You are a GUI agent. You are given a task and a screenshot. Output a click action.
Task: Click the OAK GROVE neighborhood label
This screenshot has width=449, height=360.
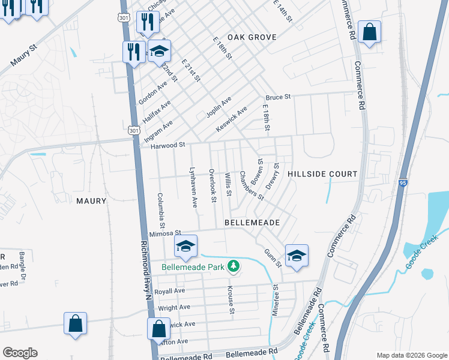pos(252,37)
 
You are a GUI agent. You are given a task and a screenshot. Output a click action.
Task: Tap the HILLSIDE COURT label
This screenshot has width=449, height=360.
pos(322,174)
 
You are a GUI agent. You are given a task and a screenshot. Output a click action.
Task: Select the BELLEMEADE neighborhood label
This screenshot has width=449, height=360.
pos(252,223)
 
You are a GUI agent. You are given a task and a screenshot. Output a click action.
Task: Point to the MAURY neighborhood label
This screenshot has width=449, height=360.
pos(91,201)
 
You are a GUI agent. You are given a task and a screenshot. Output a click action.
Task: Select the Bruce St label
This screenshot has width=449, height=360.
pos(279,97)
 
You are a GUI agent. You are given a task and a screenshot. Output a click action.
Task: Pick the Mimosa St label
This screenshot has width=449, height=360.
pos(165,233)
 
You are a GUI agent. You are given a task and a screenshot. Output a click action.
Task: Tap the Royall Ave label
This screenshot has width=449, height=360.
pos(170,291)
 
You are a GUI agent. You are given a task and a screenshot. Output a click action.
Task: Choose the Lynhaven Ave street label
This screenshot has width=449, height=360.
pos(193,187)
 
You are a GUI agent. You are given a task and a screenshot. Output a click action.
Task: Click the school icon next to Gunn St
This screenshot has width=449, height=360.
pos(297,256)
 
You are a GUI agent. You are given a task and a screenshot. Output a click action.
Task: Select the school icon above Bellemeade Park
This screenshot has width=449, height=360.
pos(185,246)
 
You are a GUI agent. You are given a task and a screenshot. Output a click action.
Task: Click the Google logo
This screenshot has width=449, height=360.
pos(20,353)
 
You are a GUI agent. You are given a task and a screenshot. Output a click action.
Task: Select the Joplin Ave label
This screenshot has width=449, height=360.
pos(218,104)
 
